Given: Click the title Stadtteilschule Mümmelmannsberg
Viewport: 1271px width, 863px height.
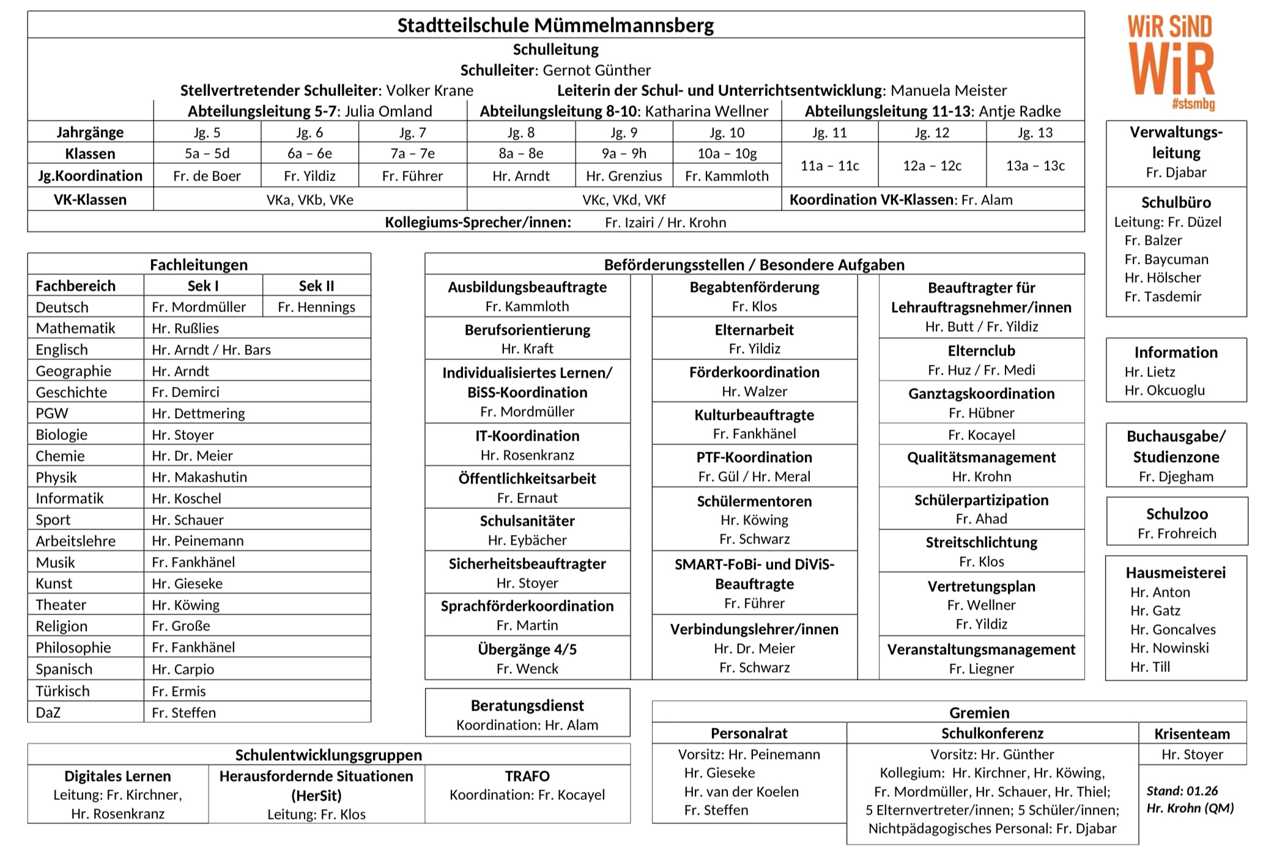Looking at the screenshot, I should (555, 25).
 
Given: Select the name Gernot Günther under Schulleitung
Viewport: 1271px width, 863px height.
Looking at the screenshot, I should (596, 70).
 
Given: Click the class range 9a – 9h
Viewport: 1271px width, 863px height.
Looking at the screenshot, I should (623, 154).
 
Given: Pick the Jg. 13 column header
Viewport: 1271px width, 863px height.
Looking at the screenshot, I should (1035, 132).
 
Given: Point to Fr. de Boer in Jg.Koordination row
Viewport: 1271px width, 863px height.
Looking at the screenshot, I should (207, 176).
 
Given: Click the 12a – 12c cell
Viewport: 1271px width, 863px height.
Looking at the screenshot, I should (932, 166).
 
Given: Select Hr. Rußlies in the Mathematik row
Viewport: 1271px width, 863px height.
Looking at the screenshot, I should (185, 328).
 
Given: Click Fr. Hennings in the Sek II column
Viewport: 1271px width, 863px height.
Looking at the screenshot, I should (316, 307).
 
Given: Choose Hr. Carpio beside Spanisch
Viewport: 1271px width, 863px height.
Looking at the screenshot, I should (183, 669).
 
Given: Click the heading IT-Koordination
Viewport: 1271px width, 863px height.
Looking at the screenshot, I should (527, 436).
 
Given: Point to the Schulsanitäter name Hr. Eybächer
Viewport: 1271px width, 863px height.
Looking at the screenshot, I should (527, 540).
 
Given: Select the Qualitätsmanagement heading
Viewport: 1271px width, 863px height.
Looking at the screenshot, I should (981, 457).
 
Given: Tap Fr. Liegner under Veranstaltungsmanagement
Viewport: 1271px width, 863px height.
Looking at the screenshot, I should (981, 668).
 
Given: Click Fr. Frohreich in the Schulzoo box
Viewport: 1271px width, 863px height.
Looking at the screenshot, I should (1177, 533).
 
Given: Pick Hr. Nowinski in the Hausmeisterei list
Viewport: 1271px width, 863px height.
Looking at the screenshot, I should (1169, 648).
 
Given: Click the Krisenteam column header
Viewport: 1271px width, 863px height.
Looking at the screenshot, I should (1191, 733).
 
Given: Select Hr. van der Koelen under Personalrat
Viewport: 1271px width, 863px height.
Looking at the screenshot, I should (741, 791).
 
